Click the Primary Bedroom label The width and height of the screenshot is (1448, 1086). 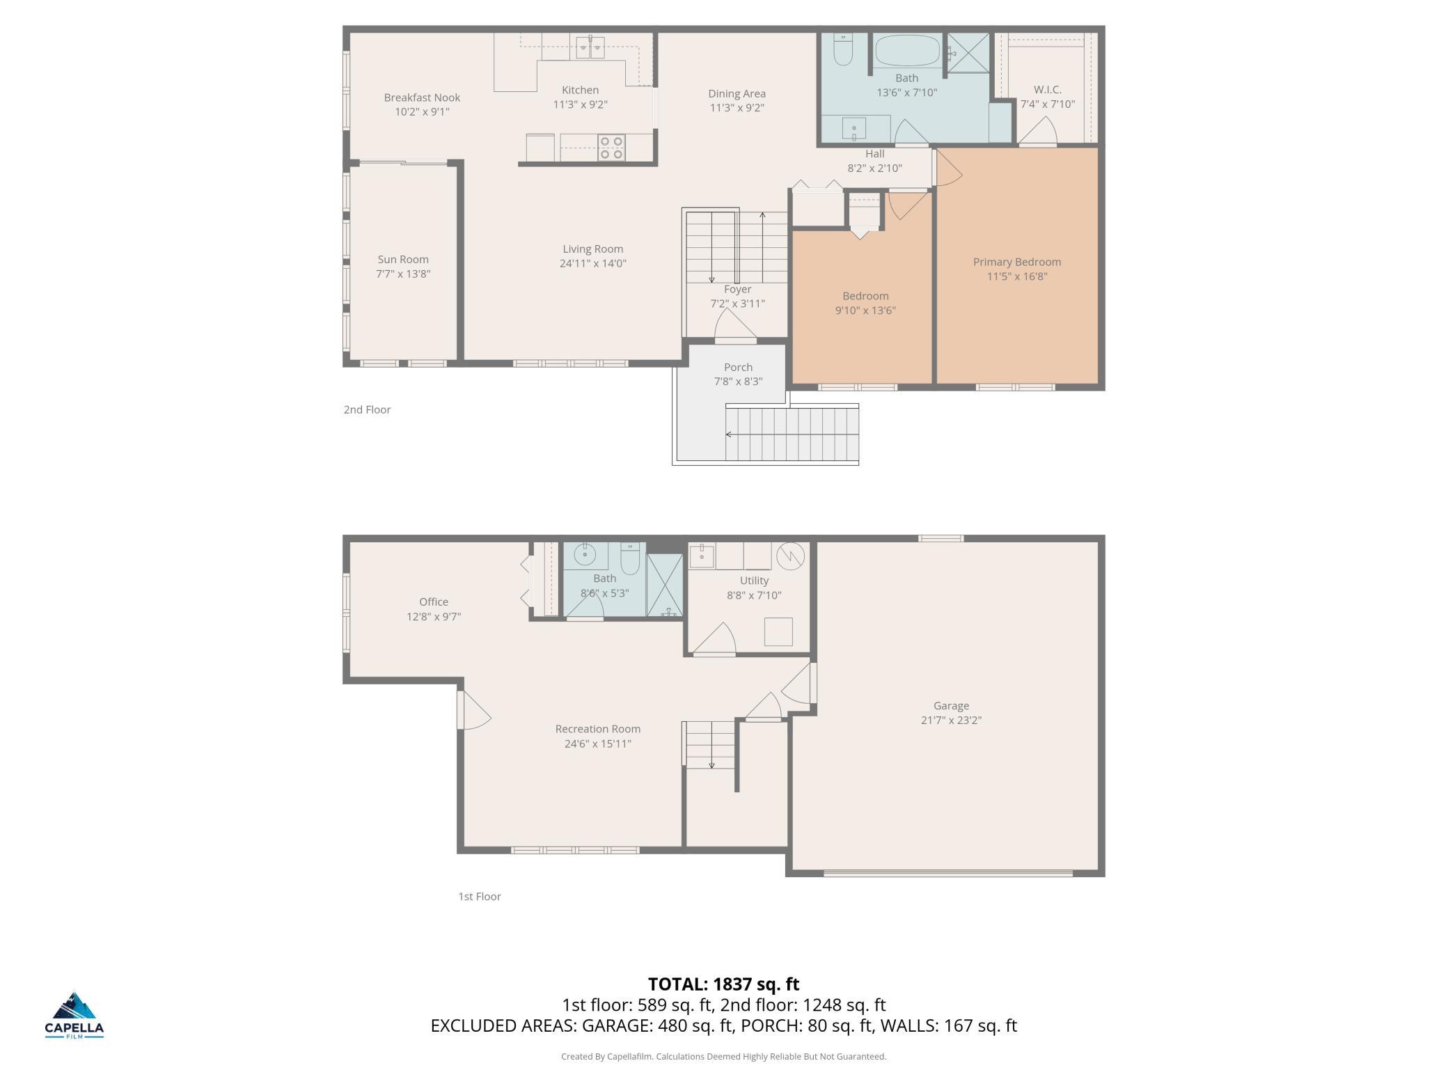pyautogui.click(x=1016, y=262)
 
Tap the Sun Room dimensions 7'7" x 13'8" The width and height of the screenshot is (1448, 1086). pyautogui.click(x=403, y=274)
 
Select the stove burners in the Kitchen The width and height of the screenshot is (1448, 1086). pyautogui.click(x=611, y=148)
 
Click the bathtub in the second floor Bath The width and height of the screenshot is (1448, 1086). pyautogui.click(x=907, y=51)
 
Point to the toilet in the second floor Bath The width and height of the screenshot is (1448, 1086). pyautogui.click(x=843, y=49)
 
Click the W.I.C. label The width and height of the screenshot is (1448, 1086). pyautogui.click(x=1047, y=90)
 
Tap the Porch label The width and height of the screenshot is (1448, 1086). pyautogui.click(x=738, y=367)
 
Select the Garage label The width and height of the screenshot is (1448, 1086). pyautogui.click(x=951, y=705)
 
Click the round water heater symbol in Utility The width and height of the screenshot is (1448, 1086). pyautogui.click(x=790, y=556)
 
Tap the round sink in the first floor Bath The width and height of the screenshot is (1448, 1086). pyautogui.click(x=584, y=556)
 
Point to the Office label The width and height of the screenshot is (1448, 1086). pyautogui.click(x=433, y=601)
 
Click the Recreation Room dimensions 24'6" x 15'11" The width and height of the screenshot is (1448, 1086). pyautogui.click(x=597, y=743)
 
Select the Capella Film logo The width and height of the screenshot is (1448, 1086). pyautogui.click(x=74, y=1015)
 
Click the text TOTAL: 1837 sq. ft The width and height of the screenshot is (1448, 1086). pyautogui.click(x=723, y=984)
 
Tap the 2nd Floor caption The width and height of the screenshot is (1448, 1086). pyautogui.click(x=367, y=409)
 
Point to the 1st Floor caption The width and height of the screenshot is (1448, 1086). pyautogui.click(x=479, y=896)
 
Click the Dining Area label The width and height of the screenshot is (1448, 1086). pyautogui.click(x=737, y=93)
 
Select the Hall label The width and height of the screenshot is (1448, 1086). pyautogui.click(x=874, y=154)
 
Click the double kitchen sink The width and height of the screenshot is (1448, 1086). pyautogui.click(x=590, y=47)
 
